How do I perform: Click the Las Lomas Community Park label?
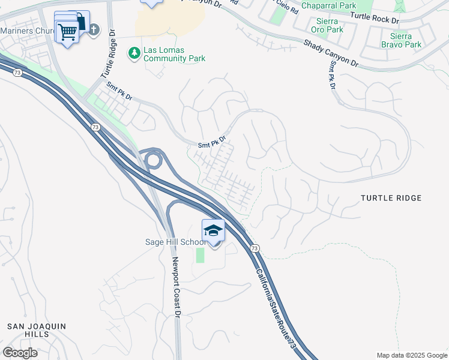(x=174, y=54)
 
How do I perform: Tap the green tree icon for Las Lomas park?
(x=133, y=54)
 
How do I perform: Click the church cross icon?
(x=94, y=29)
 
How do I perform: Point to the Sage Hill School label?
(x=175, y=242)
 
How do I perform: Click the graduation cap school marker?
(x=213, y=231)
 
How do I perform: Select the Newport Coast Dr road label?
(x=176, y=287)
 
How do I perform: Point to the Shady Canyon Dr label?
(x=331, y=53)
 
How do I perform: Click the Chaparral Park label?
(x=328, y=5)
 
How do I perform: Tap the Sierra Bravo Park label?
(x=401, y=40)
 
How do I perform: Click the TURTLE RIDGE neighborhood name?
(x=391, y=198)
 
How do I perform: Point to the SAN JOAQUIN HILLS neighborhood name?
(x=35, y=330)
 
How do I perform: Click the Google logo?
(x=20, y=353)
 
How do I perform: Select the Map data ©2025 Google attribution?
(x=411, y=355)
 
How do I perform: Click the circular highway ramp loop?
(x=153, y=160)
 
